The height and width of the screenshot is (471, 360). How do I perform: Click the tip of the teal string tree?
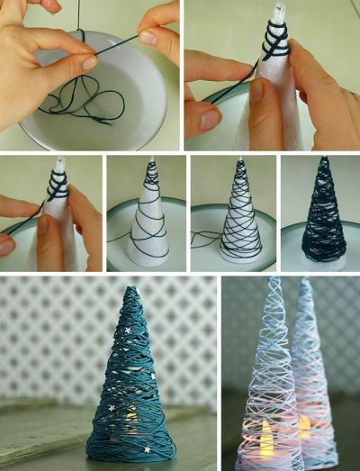(x=130, y=291)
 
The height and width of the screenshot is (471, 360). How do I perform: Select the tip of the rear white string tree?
(x=305, y=280)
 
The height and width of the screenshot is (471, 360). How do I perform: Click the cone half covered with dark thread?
(x=240, y=216)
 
